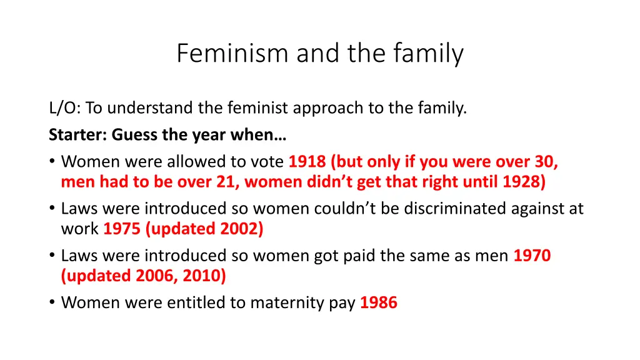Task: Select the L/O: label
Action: point(64,109)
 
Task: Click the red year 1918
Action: point(307,162)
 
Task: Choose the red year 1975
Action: point(122,229)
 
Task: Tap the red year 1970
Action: point(532,256)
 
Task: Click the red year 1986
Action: point(378,302)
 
